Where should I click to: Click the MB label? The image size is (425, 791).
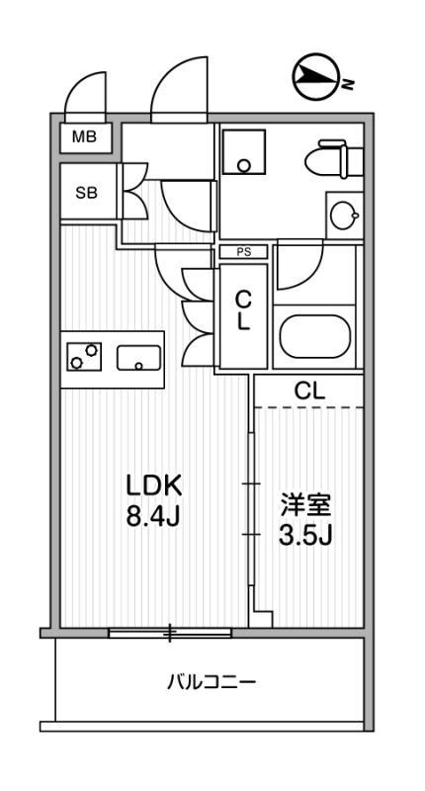click(x=84, y=136)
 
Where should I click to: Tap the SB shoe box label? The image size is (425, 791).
click(x=86, y=192)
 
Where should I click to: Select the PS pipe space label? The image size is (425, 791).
click(x=244, y=252)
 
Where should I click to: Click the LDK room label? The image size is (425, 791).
click(x=154, y=486)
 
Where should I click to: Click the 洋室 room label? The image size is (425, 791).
click(x=306, y=505)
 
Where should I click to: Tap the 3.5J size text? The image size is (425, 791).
click(x=305, y=536)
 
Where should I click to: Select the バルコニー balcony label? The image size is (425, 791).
click(x=212, y=683)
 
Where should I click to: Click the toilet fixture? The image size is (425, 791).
click(x=334, y=159)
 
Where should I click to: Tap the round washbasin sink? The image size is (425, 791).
click(x=344, y=216)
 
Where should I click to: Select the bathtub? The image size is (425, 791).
click(x=315, y=336)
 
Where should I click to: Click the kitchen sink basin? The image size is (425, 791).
click(x=138, y=358)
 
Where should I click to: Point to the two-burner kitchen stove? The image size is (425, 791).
click(x=84, y=356)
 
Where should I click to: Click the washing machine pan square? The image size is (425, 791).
click(x=244, y=151)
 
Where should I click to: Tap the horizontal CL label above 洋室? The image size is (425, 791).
click(x=309, y=390)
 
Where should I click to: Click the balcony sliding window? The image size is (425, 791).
click(x=170, y=633)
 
